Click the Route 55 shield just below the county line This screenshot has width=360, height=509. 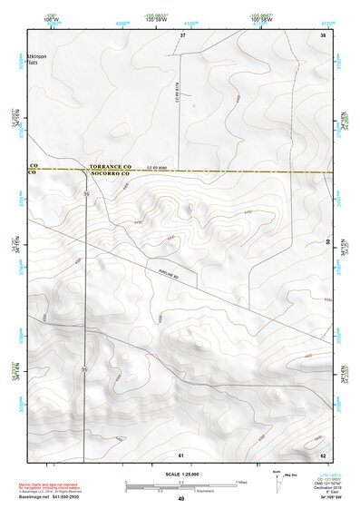pos(86,193)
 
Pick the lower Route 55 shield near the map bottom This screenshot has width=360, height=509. pos(84,368)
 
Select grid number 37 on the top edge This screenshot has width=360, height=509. pos(182,34)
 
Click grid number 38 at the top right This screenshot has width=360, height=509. pos(322,34)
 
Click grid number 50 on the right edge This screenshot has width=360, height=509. pos(326,242)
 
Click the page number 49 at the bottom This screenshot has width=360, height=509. pos(181,500)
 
